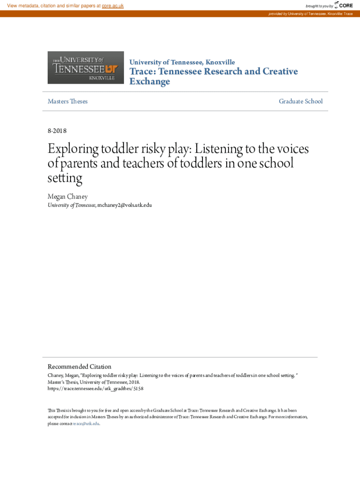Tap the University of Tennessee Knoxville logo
point(86,67)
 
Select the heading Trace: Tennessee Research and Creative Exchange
point(213,76)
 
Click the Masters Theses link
point(67,101)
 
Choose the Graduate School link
point(301,101)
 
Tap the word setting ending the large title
point(65,178)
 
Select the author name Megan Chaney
point(68,197)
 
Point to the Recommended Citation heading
point(79,366)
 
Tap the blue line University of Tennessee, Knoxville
point(182,62)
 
